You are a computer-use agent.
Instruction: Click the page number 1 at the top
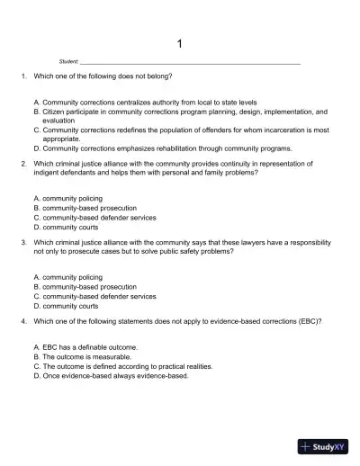click(x=179, y=42)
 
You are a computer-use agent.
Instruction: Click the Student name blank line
click(x=189, y=62)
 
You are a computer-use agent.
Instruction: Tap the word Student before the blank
click(x=68, y=61)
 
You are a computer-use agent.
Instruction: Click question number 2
click(x=22, y=164)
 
